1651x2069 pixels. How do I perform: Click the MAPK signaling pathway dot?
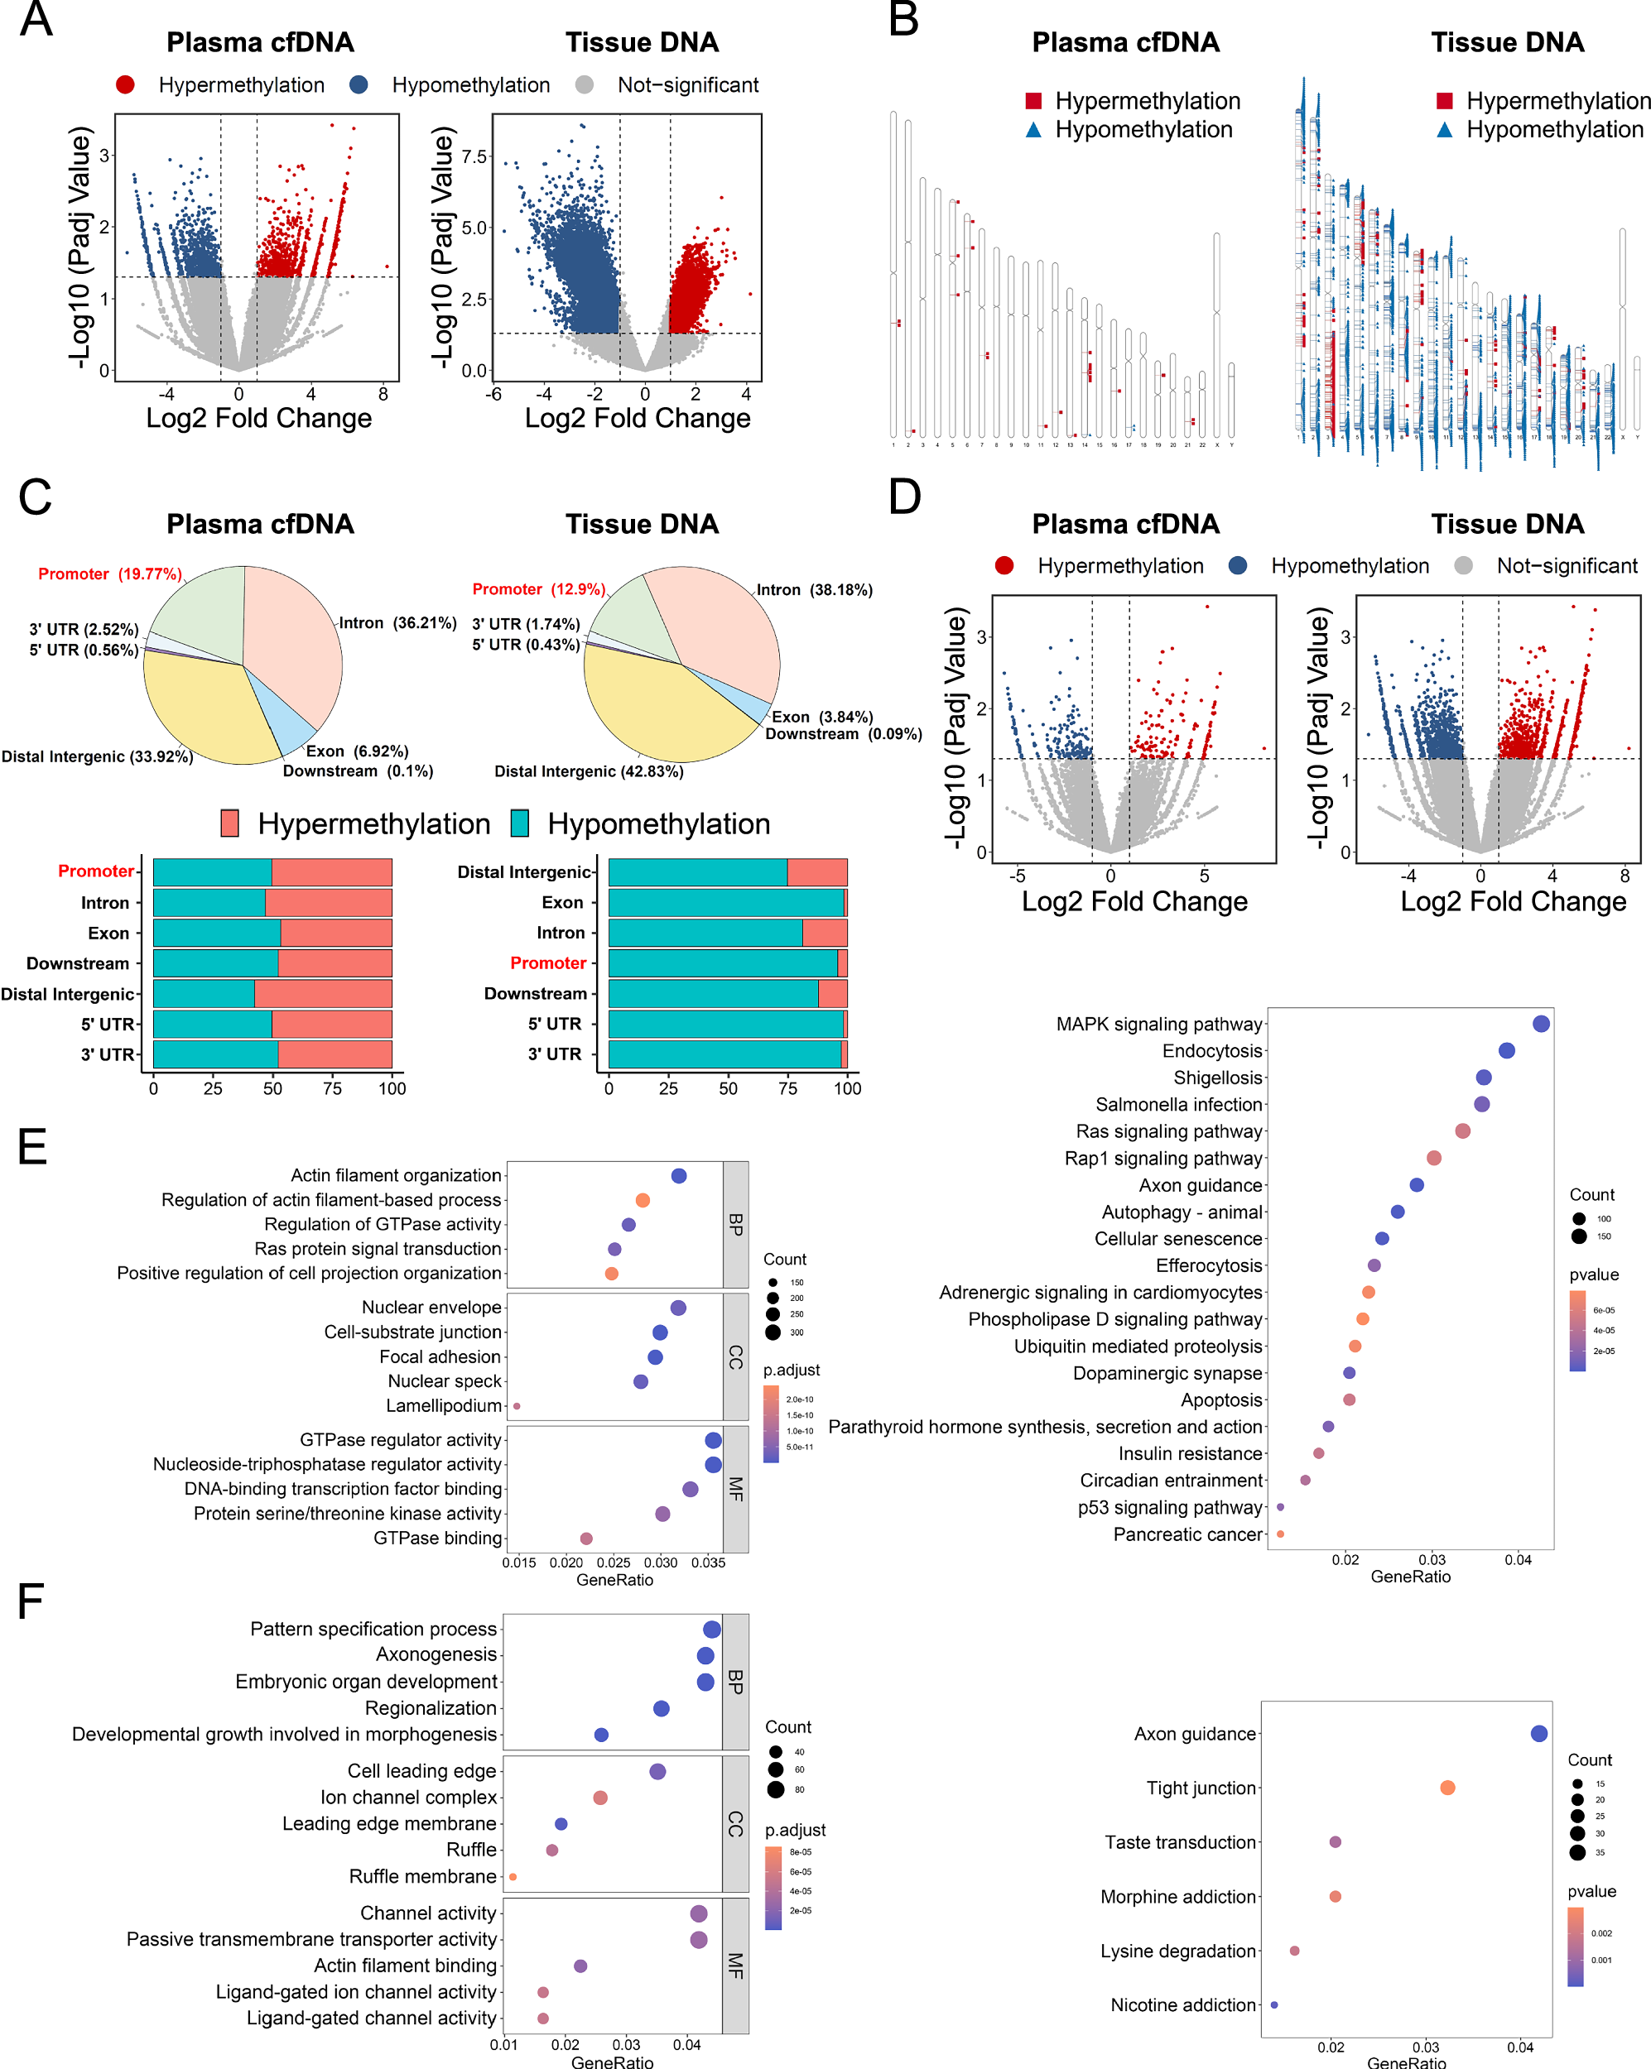pyautogui.click(x=1541, y=1024)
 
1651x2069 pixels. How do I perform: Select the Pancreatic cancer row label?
pyautogui.click(x=1187, y=1534)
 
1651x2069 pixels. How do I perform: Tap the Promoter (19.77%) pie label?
pyautogui.click(x=109, y=574)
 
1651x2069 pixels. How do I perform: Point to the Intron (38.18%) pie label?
pyautogui.click(x=814, y=589)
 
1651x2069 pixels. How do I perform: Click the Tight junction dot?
pyautogui.click(x=1447, y=1788)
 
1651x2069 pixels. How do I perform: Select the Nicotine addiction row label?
pyautogui.click(x=1182, y=2004)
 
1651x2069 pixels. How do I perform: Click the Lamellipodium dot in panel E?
pyautogui.click(x=517, y=1406)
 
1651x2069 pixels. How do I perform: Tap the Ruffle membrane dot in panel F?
pyautogui.click(x=513, y=1876)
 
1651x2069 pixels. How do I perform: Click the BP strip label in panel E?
pyautogui.click(x=735, y=1225)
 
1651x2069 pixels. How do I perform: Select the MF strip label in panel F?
pyautogui.click(x=735, y=1966)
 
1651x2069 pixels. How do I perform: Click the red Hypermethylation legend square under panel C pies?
pyautogui.click(x=229, y=823)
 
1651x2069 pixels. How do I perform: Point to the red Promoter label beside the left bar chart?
pyautogui.click(x=95, y=871)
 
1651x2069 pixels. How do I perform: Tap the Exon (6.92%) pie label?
pyautogui.click(x=356, y=751)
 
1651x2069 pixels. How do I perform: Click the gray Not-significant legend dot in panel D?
pyautogui.click(x=1463, y=566)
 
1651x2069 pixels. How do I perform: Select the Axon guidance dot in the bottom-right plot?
pyautogui.click(x=1538, y=1733)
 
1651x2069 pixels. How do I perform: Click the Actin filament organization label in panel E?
pyautogui.click(x=396, y=1175)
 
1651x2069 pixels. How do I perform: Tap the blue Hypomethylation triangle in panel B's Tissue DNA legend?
pyautogui.click(x=1444, y=130)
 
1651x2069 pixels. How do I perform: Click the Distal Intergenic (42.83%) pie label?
pyautogui.click(x=589, y=771)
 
